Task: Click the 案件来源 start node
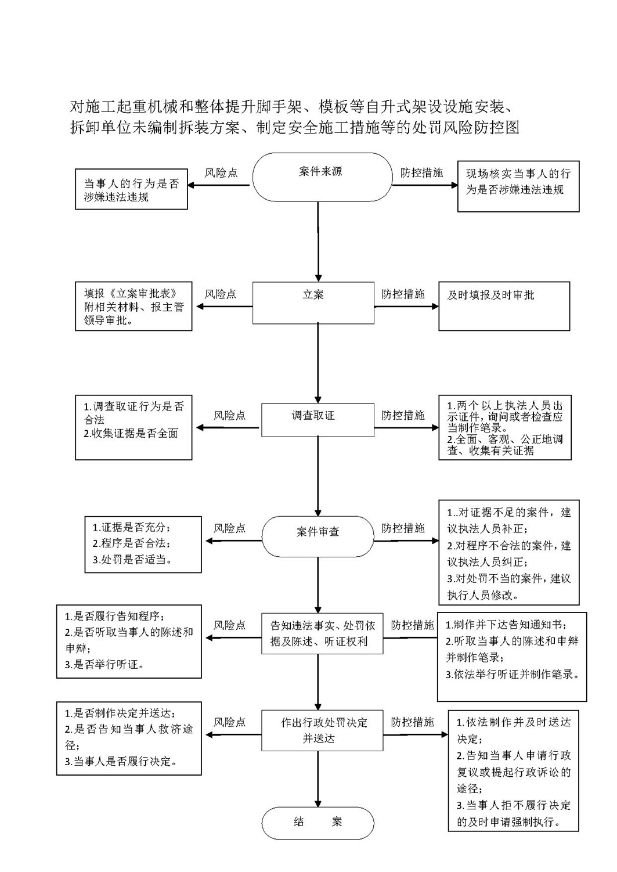click(x=322, y=177)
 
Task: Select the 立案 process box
click(x=313, y=303)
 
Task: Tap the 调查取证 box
click(x=317, y=420)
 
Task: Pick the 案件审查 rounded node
click(x=317, y=536)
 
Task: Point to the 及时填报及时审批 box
click(x=504, y=307)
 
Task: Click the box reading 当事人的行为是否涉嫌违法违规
click(x=131, y=189)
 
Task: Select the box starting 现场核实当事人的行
click(x=518, y=186)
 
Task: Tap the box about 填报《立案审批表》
click(x=133, y=307)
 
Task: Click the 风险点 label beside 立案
click(x=221, y=294)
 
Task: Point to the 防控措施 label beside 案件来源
click(x=421, y=173)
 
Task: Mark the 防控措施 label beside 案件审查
click(x=403, y=528)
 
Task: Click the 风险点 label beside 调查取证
click(x=229, y=415)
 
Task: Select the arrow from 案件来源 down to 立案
click(x=318, y=242)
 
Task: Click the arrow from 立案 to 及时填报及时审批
click(x=406, y=307)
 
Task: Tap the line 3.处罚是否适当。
click(x=132, y=560)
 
